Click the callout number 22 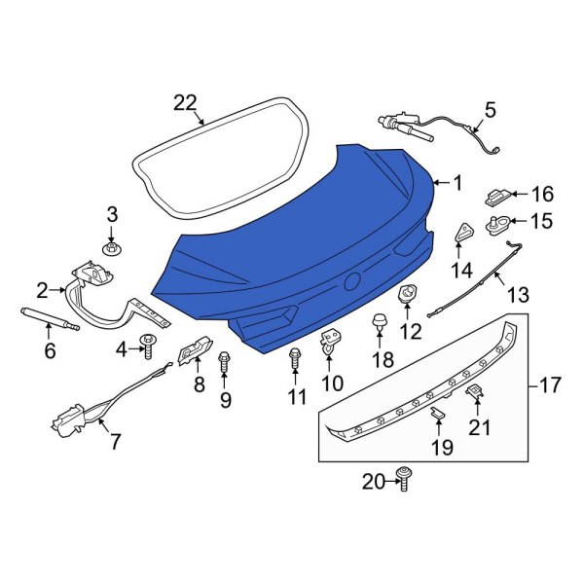[x=185, y=102]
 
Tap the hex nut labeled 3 [x=112, y=248]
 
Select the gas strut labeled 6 [x=51, y=318]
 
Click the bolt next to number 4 [x=148, y=347]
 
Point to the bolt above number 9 [x=224, y=361]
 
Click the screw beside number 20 [x=404, y=479]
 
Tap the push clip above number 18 [x=380, y=322]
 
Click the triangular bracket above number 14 [x=463, y=234]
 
